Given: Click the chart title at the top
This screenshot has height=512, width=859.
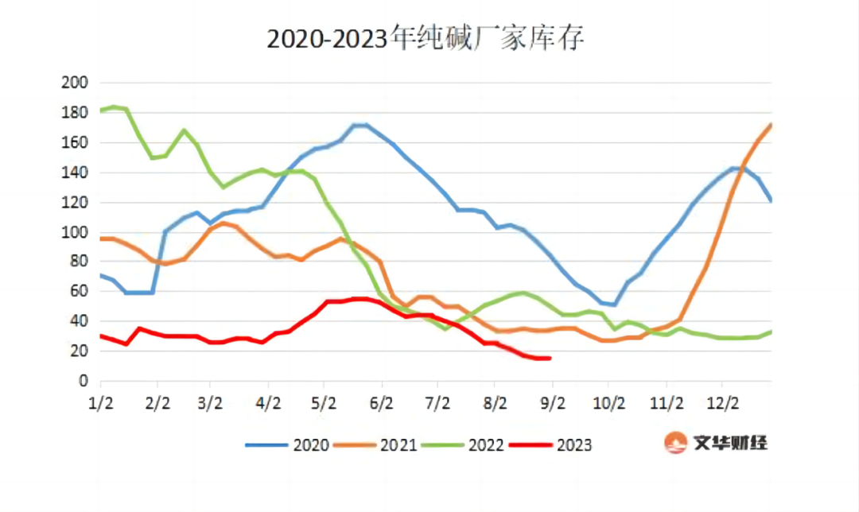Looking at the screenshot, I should click(x=425, y=38).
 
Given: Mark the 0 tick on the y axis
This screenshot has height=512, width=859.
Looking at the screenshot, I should click(x=83, y=381).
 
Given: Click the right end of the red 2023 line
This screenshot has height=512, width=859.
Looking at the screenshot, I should click(x=550, y=359).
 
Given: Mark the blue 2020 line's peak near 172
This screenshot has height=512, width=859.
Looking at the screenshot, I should click(x=360, y=125).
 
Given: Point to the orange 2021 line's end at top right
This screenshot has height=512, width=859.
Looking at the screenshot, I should click(x=771, y=125).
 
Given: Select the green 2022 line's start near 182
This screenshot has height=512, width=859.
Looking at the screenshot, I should click(x=102, y=110).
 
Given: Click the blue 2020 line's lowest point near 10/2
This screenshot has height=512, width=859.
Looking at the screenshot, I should click(x=614, y=304).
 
